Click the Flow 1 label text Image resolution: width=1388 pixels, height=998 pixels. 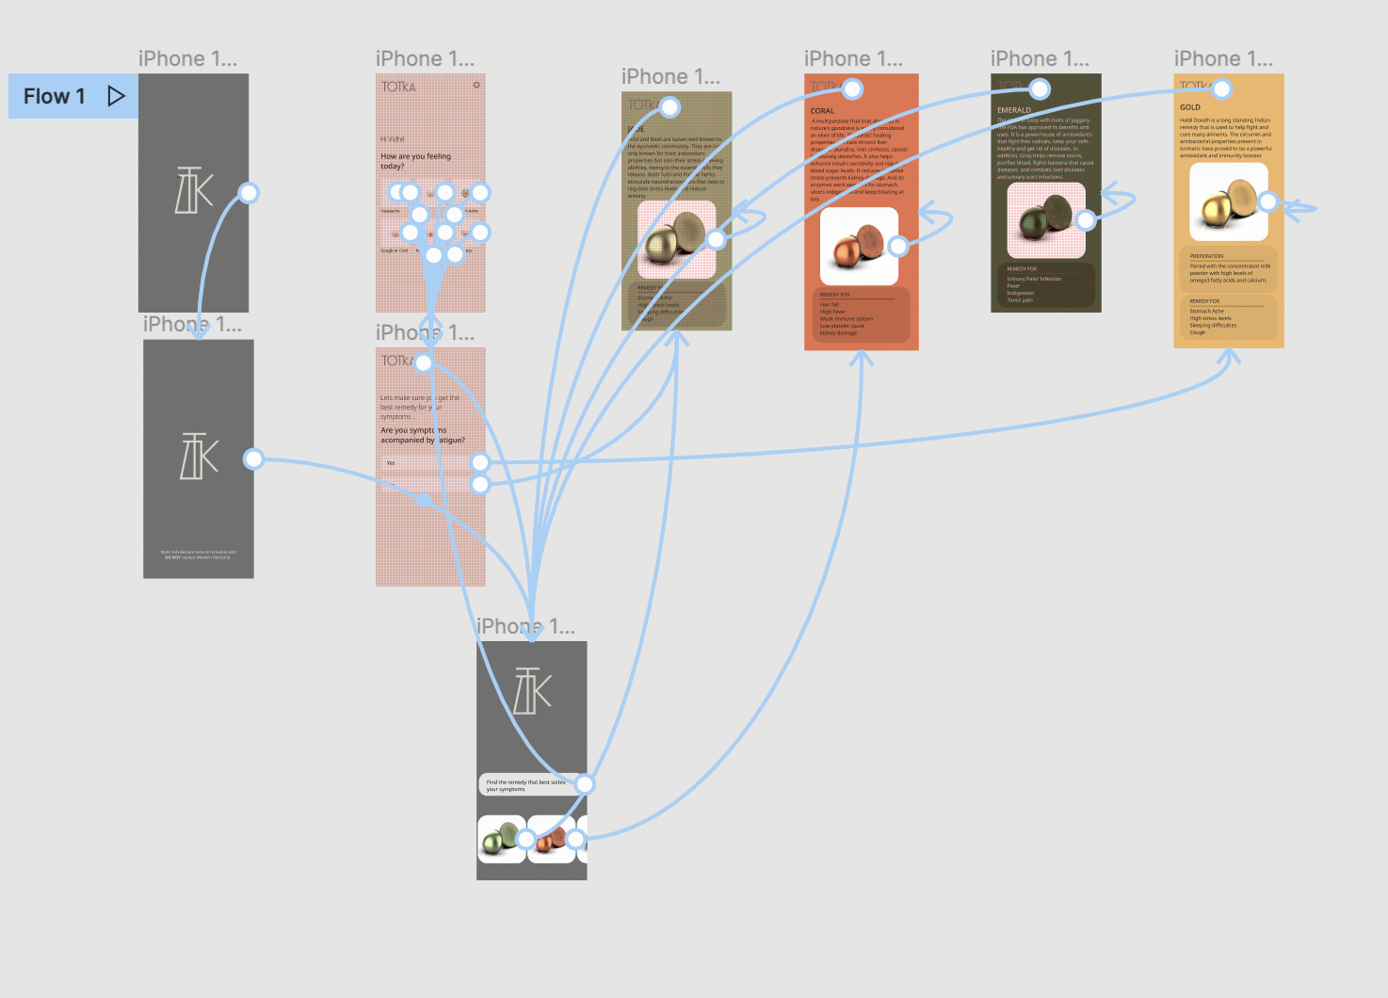(54, 96)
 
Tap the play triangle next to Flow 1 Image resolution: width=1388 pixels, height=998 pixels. (116, 96)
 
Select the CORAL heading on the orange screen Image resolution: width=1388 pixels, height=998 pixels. (822, 111)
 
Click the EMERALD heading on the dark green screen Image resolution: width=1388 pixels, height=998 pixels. (1013, 110)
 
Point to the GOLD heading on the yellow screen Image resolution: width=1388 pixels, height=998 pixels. (1190, 107)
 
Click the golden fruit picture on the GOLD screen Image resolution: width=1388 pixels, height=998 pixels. (1226, 201)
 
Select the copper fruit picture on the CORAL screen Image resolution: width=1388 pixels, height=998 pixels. (857, 247)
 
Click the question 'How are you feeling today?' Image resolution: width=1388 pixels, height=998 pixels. (415, 161)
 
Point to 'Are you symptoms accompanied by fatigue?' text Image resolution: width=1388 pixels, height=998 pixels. (422, 435)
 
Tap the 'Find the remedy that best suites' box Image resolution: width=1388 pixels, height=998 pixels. (527, 785)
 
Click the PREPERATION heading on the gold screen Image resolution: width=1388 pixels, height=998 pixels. (1206, 256)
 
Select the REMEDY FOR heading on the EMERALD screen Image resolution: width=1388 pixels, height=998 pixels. (1022, 269)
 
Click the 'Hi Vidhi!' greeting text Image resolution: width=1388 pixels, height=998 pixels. (393, 139)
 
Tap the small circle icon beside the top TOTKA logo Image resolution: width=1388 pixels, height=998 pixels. (476, 86)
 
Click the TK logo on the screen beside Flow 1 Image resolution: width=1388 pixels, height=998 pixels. (194, 190)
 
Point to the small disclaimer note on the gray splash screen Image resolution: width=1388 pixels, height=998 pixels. (198, 555)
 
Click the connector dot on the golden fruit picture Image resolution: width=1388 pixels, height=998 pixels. (1267, 201)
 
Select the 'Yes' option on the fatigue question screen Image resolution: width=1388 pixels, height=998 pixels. (391, 463)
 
